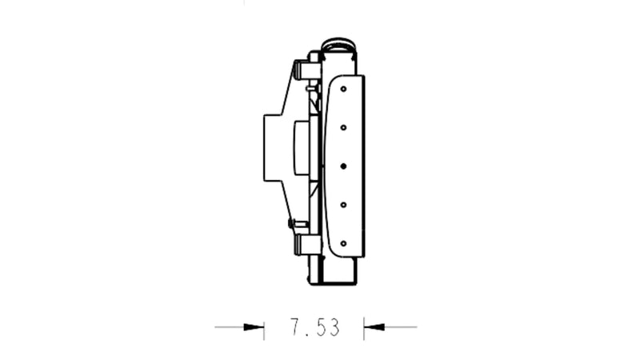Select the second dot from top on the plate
pos(342,127)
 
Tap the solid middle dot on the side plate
pos(342,166)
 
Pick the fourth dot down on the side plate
pos(342,205)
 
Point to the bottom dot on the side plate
pos(342,242)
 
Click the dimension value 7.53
pos(314,326)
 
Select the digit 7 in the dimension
pos(295,326)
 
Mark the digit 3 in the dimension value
pos(334,326)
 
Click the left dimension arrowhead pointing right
pos(254,326)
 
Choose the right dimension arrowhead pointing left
pos(374,326)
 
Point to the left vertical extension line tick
pos(264,326)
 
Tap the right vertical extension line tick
pos(364,326)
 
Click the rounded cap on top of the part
pos(340,43)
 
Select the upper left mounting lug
pos(306,70)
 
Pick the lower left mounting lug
pos(306,244)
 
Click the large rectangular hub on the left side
pos(277,147)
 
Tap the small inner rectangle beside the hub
pos(301,147)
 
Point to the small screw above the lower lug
pos(293,223)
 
